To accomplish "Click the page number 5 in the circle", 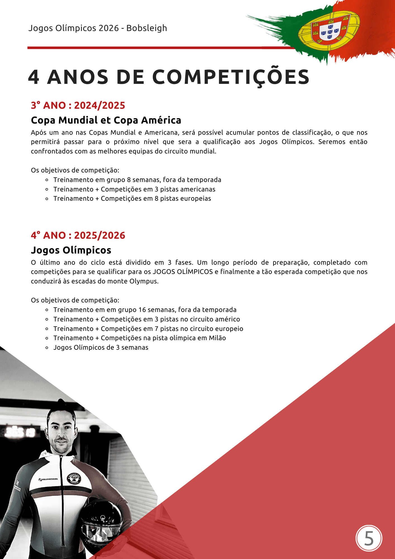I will pos(369,538).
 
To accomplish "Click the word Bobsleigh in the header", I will pos(147,28).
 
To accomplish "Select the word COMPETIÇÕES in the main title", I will pos(231,77).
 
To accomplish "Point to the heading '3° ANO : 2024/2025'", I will pos(78,105).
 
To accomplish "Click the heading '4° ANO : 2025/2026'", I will pos(78,235).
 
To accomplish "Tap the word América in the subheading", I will pos(161,120).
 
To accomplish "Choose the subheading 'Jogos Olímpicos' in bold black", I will pos(71,250).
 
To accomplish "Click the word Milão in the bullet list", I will pos(217,338).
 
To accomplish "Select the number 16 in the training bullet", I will pos(142,310).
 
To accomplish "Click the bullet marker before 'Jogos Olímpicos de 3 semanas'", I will pos(47,348).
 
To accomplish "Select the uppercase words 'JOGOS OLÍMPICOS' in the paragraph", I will pos(183,272).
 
